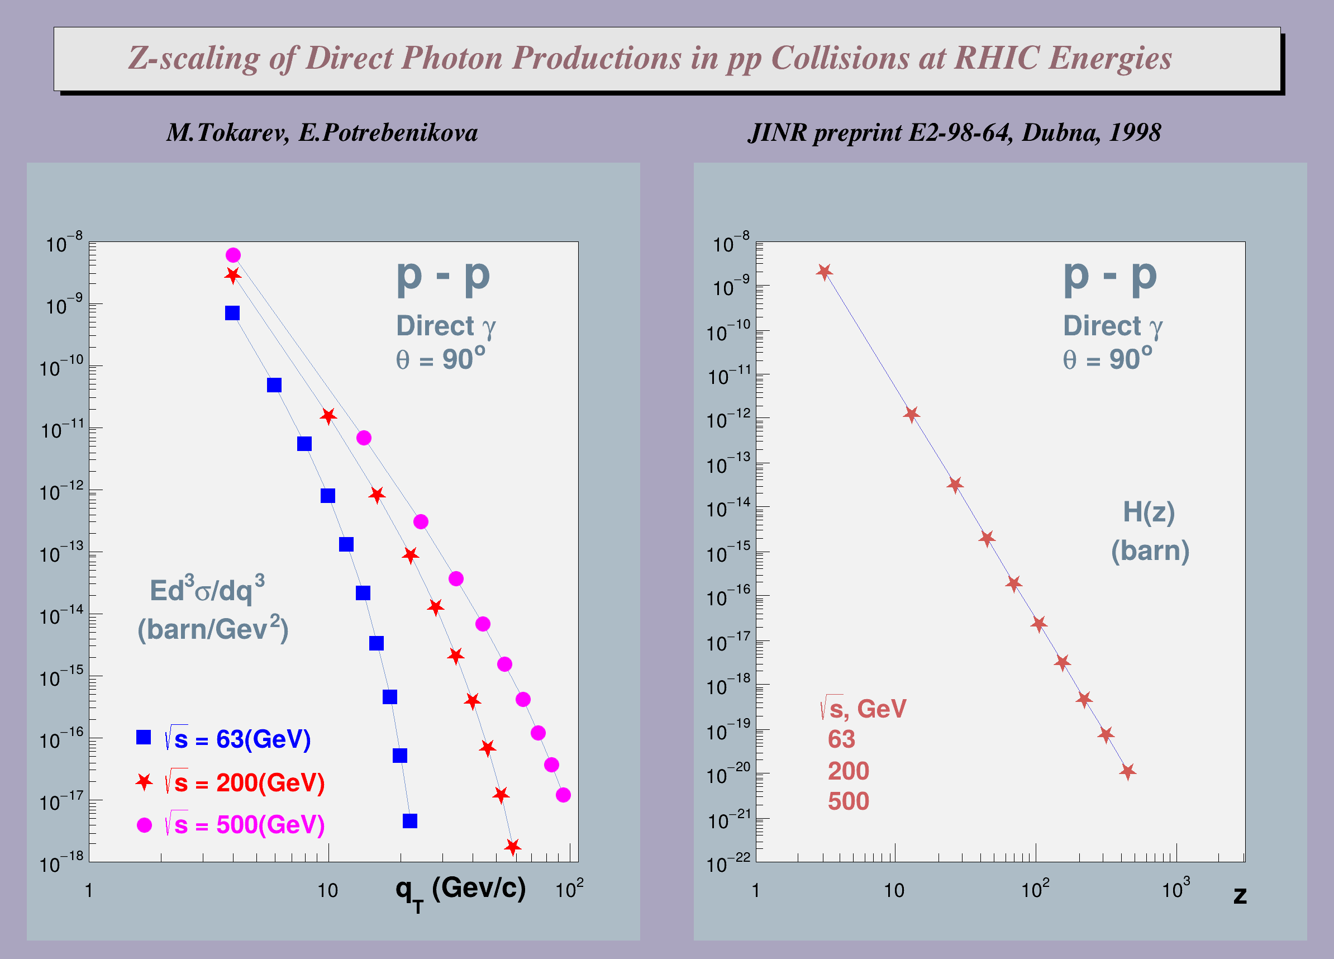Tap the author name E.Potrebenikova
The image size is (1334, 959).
click(x=388, y=133)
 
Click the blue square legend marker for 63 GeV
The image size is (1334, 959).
click(x=144, y=738)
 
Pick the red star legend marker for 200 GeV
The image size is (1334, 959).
click(x=144, y=782)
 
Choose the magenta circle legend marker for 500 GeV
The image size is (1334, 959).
click(x=144, y=825)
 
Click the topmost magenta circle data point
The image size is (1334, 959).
click(x=233, y=255)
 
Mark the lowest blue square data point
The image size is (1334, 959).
click(x=410, y=821)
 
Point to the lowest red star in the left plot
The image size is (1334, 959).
click(x=513, y=847)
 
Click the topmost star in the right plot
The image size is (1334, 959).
click(x=825, y=272)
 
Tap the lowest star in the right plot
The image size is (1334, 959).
click(x=1127, y=771)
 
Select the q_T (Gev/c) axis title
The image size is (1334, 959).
click(x=460, y=890)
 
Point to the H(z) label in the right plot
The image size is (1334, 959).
click(x=1149, y=512)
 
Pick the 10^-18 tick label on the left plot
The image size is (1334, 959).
click(x=62, y=863)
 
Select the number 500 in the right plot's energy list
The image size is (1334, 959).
click(x=848, y=801)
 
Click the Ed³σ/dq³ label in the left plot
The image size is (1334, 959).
click(x=207, y=590)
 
